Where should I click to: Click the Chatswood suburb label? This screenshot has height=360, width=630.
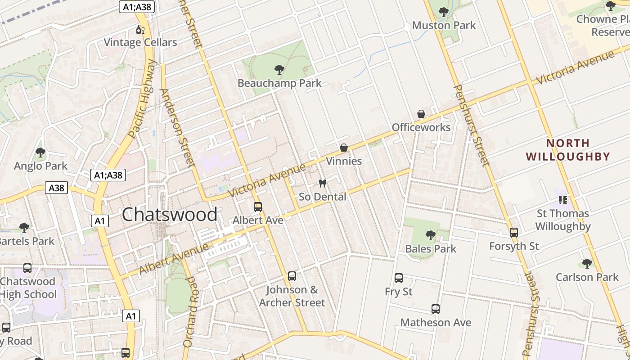(x=170, y=214)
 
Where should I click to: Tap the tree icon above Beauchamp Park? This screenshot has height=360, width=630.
(x=279, y=70)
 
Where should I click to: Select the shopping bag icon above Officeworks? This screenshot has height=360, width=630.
(x=421, y=114)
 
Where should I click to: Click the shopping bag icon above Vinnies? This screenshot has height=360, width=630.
(x=344, y=148)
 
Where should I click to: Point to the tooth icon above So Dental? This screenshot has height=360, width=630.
(x=322, y=183)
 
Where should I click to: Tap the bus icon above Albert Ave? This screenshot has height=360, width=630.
(x=258, y=207)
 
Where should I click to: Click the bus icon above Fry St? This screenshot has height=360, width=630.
(x=399, y=278)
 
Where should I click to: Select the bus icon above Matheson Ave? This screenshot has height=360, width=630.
(x=436, y=309)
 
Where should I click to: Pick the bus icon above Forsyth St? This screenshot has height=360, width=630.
(x=514, y=233)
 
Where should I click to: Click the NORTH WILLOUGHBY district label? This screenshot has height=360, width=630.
(x=568, y=150)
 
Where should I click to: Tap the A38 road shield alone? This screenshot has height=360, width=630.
(x=56, y=188)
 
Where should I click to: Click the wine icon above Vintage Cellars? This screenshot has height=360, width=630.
(x=140, y=30)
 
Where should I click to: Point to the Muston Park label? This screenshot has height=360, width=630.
(x=444, y=25)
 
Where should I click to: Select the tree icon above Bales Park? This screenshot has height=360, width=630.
(x=431, y=235)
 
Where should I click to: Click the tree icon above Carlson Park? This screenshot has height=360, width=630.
(x=587, y=263)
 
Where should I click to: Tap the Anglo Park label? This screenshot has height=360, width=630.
(x=40, y=166)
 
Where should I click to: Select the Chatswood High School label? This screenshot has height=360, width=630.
(x=28, y=288)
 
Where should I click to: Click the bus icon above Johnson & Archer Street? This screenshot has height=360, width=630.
(x=292, y=276)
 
